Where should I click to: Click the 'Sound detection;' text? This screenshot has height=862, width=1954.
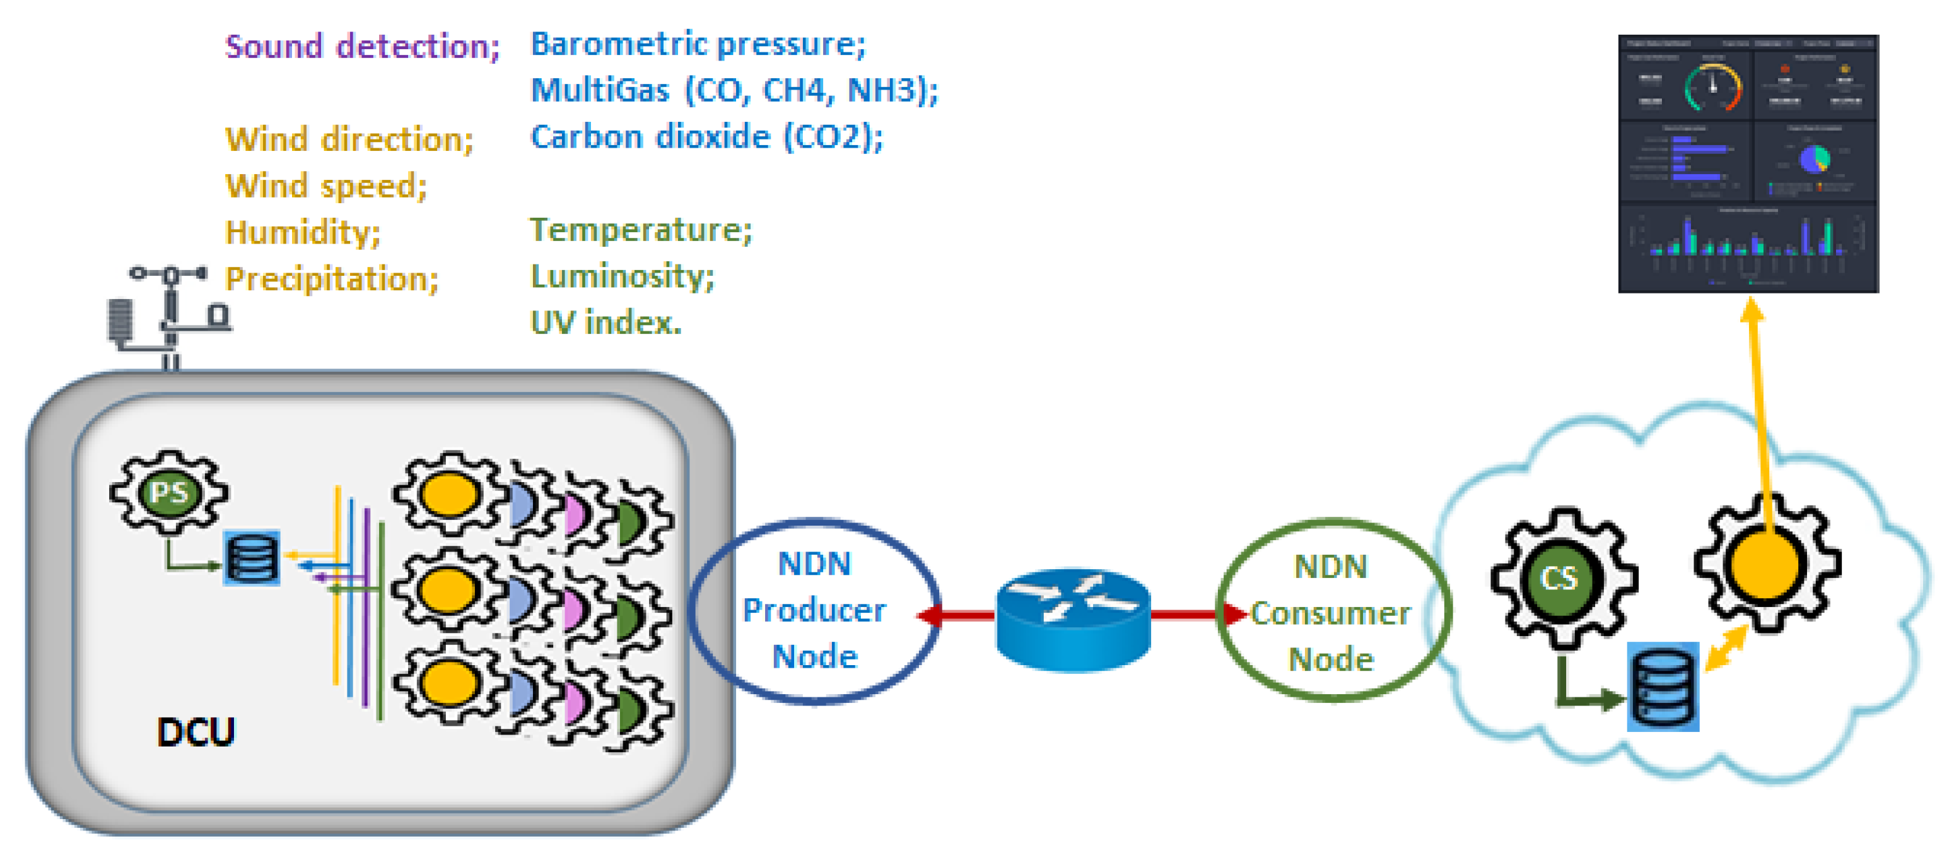coord(363,47)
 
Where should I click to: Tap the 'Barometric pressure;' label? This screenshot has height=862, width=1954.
coord(697,44)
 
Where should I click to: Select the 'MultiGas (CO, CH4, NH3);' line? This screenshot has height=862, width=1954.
coord(734,90)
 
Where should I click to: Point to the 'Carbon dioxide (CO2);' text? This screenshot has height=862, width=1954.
coord(706,138)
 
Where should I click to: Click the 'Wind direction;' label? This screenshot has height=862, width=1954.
coord(349,139)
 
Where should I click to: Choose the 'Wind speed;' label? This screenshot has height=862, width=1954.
coord(326,186)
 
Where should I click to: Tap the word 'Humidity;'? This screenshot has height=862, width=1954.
coord(303,232)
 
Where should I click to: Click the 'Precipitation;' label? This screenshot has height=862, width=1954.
coord(332,280)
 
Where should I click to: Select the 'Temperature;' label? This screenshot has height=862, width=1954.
coord(640,230)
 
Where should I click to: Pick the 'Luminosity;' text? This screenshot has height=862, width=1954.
coord(621,276)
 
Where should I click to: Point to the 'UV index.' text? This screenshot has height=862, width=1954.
coord(606,323)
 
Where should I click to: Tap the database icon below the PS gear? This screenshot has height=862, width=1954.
coord(252,558)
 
